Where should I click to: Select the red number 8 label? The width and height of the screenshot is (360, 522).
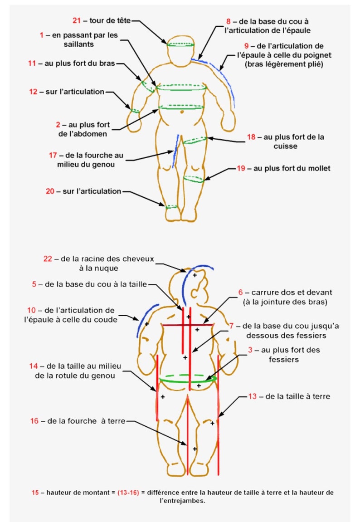coord(229,21)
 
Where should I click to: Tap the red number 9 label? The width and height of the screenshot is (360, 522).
coord(247,46)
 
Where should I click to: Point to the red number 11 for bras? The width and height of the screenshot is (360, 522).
coord(32,64)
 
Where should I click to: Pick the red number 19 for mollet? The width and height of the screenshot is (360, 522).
coord(241,168)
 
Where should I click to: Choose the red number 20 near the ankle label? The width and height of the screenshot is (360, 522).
coord(50,191)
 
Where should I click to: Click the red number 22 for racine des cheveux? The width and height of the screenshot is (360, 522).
coord(48,259)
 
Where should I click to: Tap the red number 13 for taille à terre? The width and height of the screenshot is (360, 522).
coord(253,396)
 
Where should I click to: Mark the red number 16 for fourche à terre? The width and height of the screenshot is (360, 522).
coord(34,421)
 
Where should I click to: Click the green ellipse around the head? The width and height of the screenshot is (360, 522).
coord(181,44)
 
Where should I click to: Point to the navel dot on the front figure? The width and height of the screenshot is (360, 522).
coord(181,112)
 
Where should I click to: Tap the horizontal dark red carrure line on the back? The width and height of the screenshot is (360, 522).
coord(199,325)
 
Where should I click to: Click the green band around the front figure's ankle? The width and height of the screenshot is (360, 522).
coord(172,206)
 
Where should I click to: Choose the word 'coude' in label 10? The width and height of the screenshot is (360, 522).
coord(105,319)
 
